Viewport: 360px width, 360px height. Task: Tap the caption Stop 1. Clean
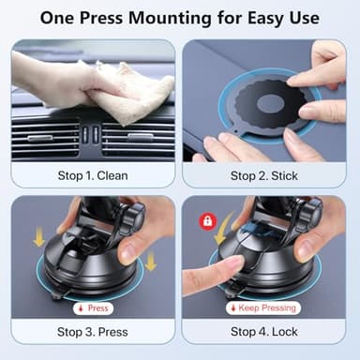(x=92, y=174)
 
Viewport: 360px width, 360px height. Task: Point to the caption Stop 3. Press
(x=92, y=331)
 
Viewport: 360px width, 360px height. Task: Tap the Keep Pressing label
(x=269, y=307)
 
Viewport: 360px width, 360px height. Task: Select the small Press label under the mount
(x=95, y=307)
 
